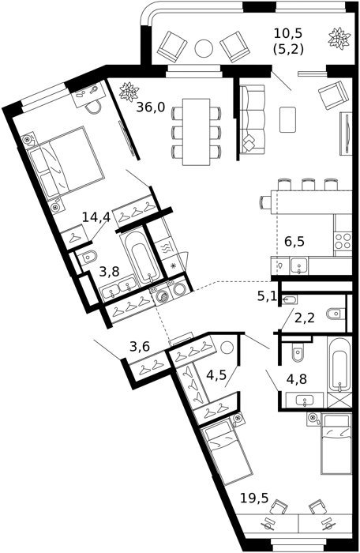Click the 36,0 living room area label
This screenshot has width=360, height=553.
(x=151, y=107)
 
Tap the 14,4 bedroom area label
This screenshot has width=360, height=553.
(x=96, y=217)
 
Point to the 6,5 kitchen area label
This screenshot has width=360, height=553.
(x=294, y=242)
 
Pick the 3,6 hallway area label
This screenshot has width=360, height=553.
(x=140, y=346)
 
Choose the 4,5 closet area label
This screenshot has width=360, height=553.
(x=216, y=375)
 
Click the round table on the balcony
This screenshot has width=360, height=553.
(x=204, y=48)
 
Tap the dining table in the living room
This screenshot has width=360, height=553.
(x=196, y=132)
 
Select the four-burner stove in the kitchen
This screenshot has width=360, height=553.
(x=343, y=241)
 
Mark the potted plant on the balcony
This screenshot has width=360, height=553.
(x=339, y=38)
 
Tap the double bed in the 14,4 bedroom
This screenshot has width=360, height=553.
(x=66, y=161)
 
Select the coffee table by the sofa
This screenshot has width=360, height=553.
(x=287, y=119)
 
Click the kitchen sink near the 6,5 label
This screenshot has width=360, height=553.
(x=299, y=266)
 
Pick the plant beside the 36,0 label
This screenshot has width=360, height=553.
(x=128, y=92)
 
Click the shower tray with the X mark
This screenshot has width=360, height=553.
(x=339, y=401)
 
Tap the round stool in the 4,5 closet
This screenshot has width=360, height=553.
(x=227, y=348)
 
